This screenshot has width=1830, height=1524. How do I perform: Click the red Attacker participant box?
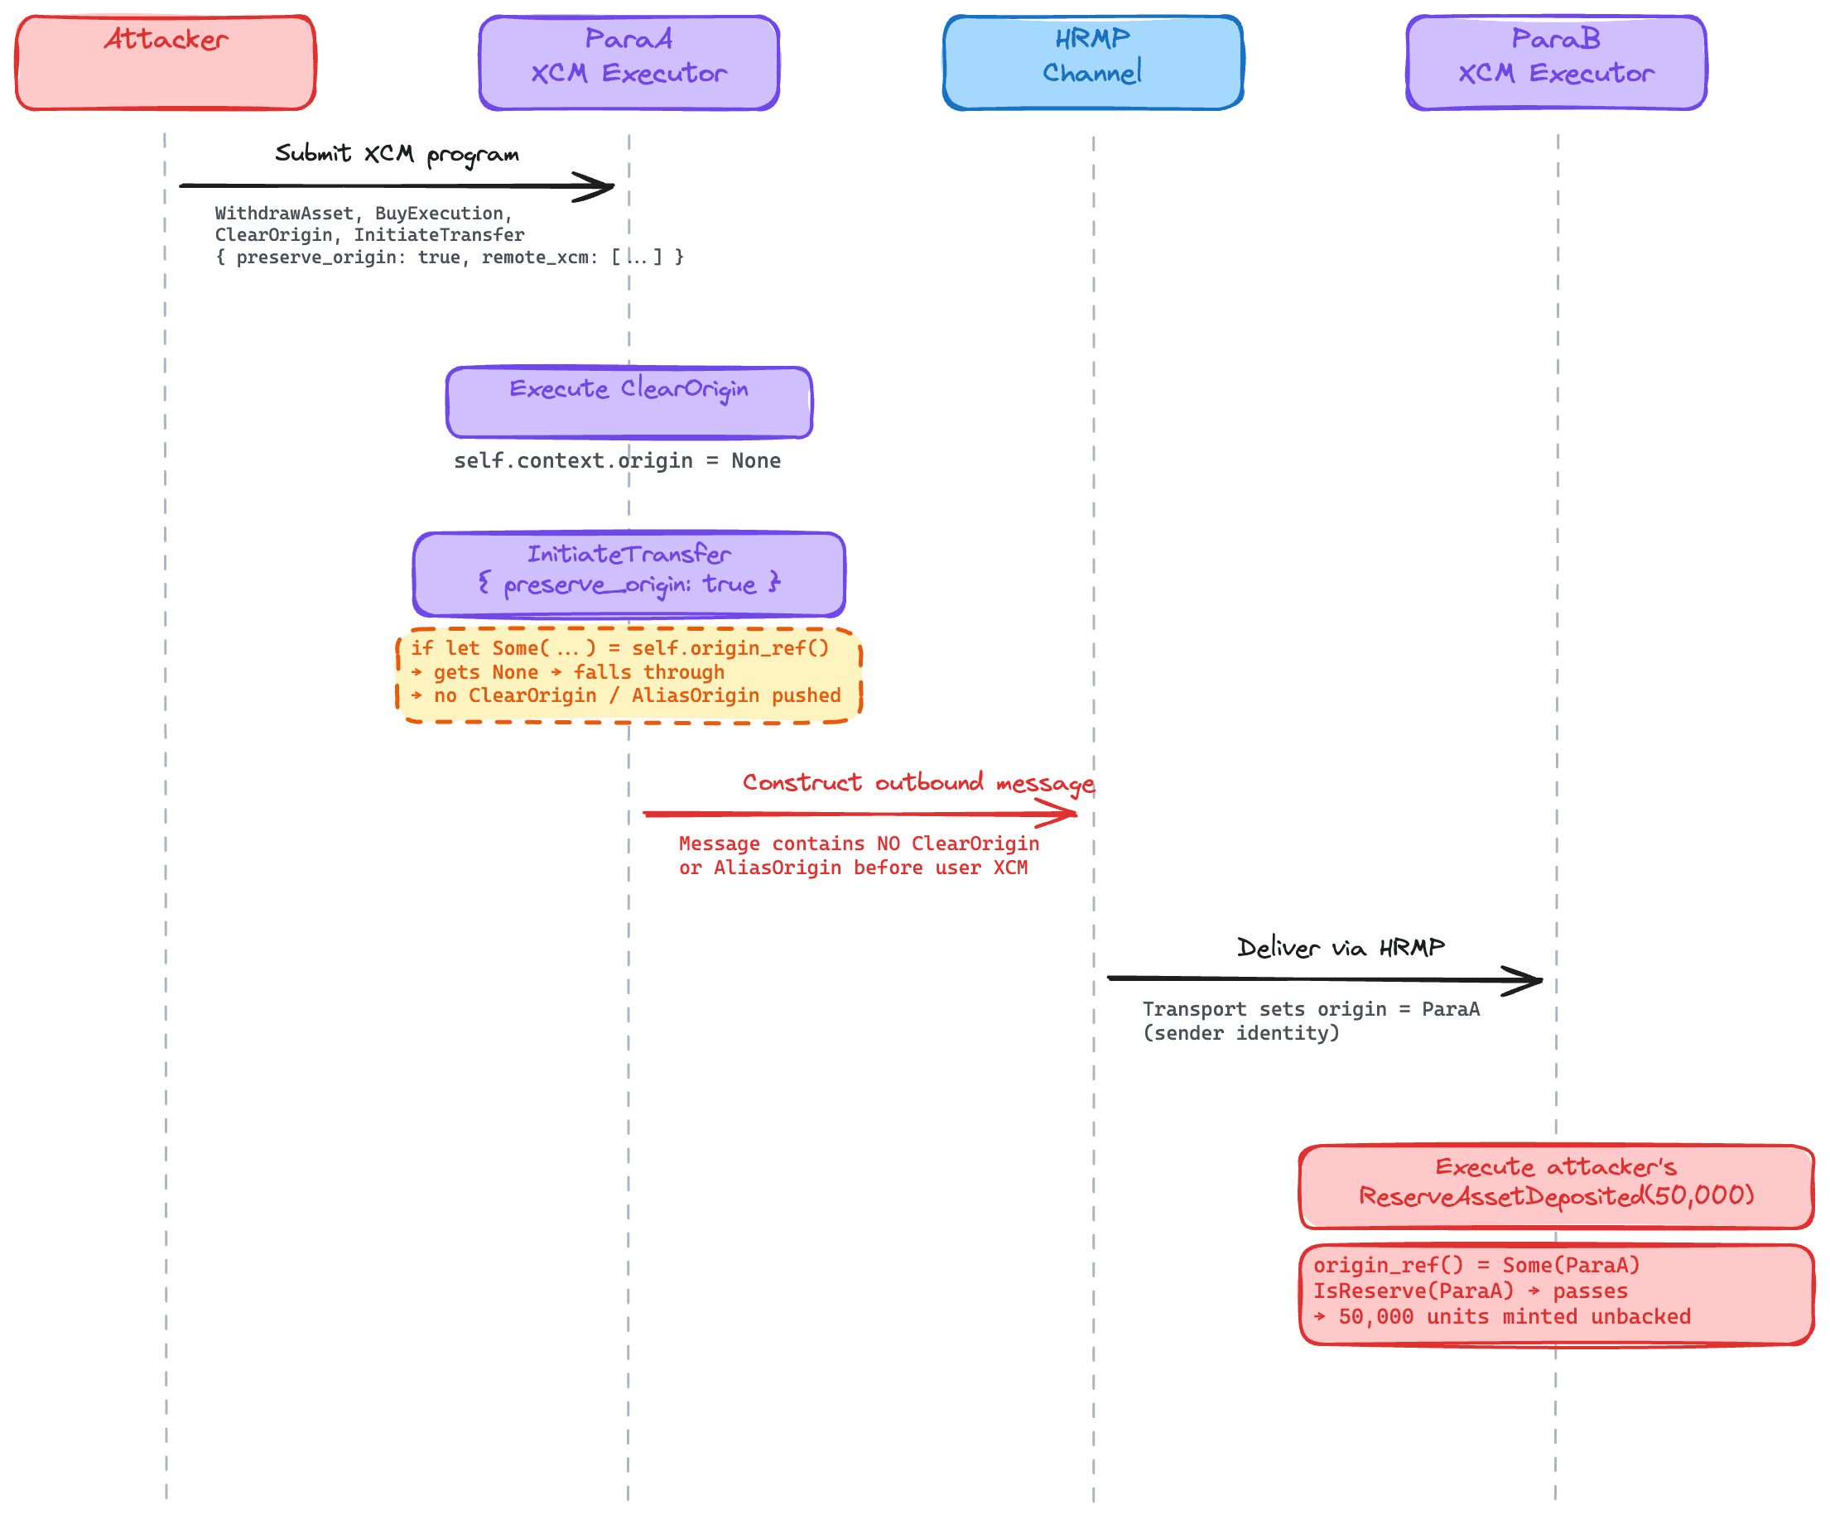(166, 63)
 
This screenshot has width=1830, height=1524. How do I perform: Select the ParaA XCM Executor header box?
(629, 63)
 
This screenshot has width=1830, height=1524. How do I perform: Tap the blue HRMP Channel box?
(1093, 63)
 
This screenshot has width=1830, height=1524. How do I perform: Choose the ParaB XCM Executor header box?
(1557, 63)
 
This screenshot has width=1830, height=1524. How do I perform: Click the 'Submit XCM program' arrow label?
(397, 154)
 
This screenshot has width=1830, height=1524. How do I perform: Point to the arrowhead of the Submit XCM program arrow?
(614, 185)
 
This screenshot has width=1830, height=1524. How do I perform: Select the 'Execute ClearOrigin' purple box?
(629, 402)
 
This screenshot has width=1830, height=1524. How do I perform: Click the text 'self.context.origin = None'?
(617, 460)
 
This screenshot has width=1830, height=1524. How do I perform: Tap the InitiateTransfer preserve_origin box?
(629, 575)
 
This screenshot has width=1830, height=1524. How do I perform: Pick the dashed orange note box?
(629, 675)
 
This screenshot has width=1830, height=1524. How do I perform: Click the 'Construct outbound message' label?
(918, 783)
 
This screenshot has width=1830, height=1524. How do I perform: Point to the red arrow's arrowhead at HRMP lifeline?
(1076, 814)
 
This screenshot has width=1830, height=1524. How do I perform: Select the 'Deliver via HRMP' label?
(1341, 947)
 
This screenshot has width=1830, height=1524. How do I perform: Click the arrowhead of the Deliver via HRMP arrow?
(1541, 980)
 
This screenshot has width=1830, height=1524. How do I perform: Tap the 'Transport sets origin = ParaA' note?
(1312, 1021)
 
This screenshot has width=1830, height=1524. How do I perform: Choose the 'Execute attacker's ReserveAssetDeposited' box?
(1557, 1187)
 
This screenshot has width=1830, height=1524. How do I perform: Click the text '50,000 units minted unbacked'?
(1515, 1315)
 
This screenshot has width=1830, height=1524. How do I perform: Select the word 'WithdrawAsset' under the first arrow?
(284, 214)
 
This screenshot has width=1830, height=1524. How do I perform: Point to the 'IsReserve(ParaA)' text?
(1413, 1291)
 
